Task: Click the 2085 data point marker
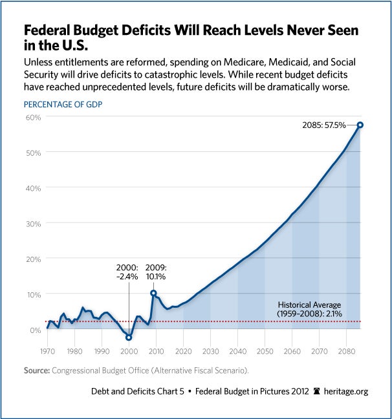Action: click(x=360, y=125)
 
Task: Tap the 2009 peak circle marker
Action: click(x=153, y=293)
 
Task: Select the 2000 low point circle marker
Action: click(x=129, y=338)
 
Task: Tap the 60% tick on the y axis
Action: click(x=33, y=117)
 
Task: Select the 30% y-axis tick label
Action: click(x=33, y=223)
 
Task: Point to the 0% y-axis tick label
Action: click(x=35, y=330)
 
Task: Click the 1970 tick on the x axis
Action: click(x=47, y=352)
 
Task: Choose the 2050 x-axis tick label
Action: click(x=265, y=352)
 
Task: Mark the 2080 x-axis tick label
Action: click(x=346, y=352)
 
